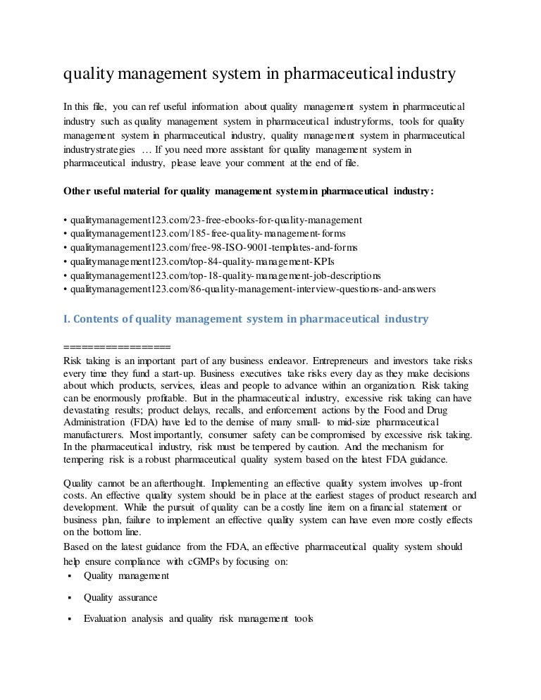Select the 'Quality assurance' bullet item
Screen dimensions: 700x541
[120, 597]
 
